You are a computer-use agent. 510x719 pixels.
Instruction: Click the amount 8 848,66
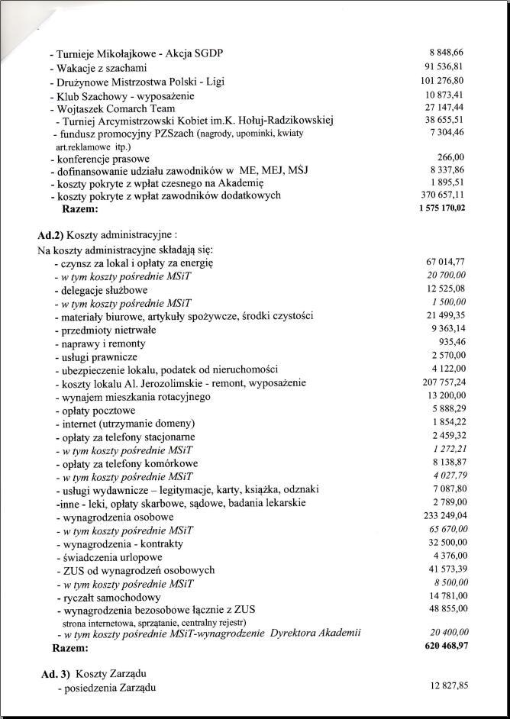[447, 53]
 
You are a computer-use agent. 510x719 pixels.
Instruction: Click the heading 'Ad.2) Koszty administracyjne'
[106, 235]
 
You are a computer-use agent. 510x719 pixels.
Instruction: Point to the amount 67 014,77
[445, 263]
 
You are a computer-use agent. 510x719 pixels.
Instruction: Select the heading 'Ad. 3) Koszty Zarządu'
[94, 674]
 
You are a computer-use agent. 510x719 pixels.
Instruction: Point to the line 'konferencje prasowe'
[98, 158]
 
